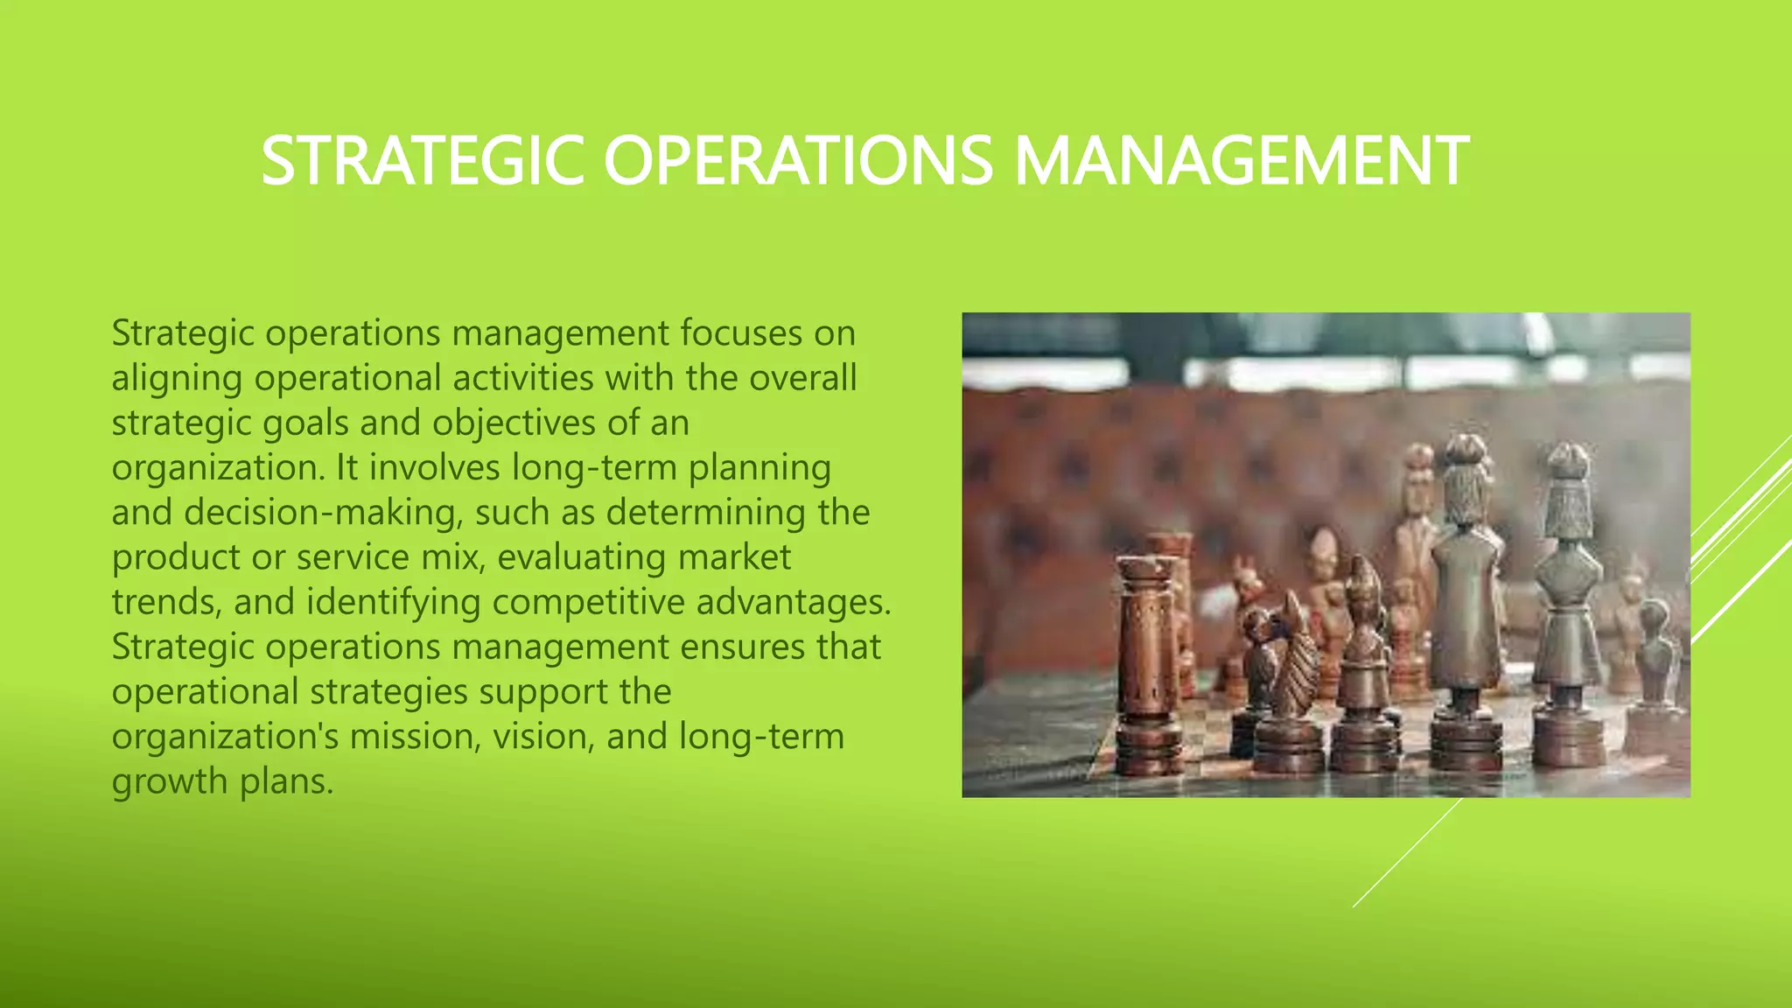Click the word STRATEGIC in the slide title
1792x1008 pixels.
423,161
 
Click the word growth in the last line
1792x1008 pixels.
169,781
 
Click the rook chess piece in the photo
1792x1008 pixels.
1144,665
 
